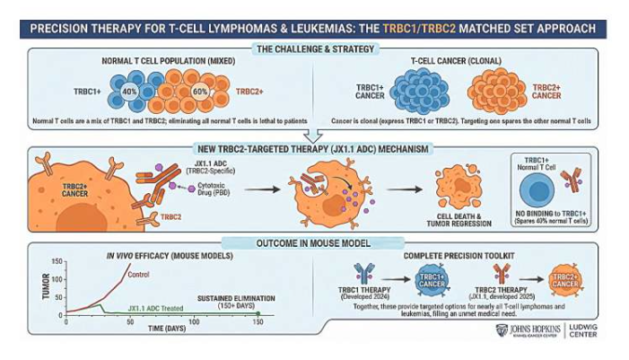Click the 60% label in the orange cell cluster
pos(199,92)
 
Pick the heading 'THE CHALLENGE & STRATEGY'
pos(314,48)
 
